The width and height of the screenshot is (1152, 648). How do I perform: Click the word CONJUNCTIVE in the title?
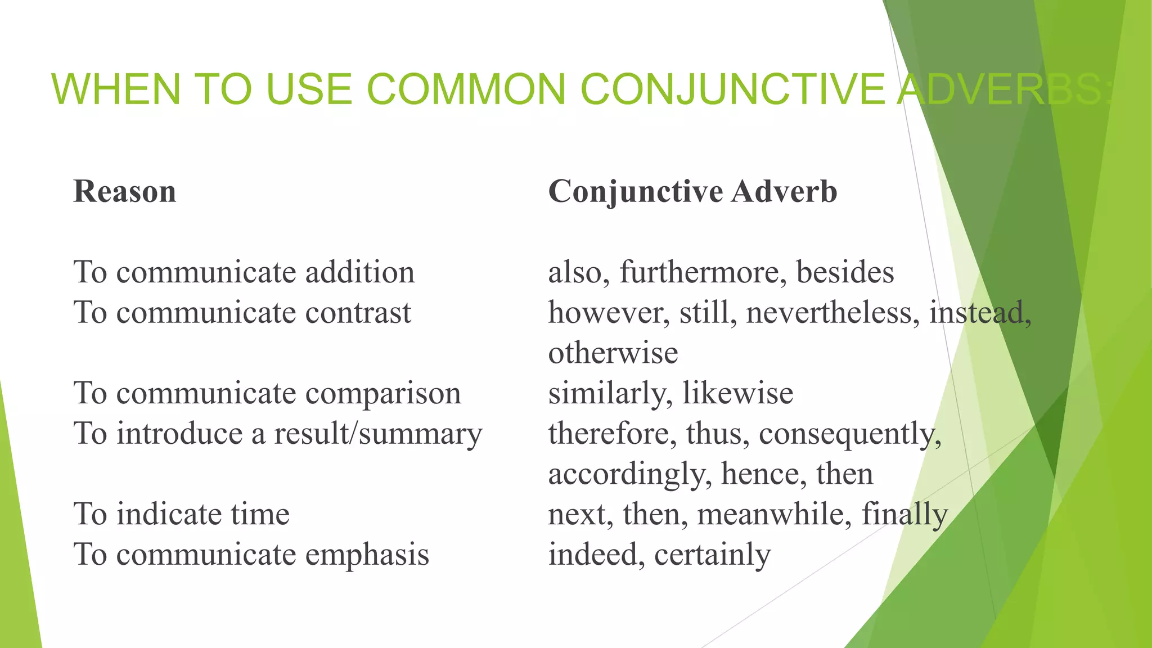pyautogui.click(x=732, y=89)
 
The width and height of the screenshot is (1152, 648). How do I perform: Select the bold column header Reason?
pyautogui.click(x=125, y=191)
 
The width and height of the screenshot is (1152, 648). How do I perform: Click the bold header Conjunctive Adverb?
pyautogui.click(x=692, y=191)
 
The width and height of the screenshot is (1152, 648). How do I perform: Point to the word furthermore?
pyautogui.click(x=699, y=272)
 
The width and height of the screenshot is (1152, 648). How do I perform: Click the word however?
pyautogui.click(x=607, y=313)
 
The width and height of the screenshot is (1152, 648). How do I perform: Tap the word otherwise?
pyautogui.click(x=613, y=353)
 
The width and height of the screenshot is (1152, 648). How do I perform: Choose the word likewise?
pyautogui.click(x=737, y=393)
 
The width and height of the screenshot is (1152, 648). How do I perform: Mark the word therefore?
pyautogui.click(x=611, y=434)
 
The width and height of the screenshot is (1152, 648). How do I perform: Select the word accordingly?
pyautogui.click(x=626, y=474)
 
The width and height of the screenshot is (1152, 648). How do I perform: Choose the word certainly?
pyautogui.click(x=712, y=555)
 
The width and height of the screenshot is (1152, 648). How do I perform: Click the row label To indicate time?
pyautogui.click(x=181, y=514)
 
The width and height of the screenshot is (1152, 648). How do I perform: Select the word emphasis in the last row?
pyautogui.click(x=367, y=555)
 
